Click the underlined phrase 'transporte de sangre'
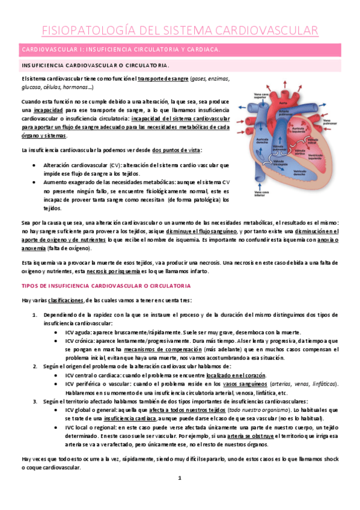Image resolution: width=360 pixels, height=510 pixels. tap(162, 79)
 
